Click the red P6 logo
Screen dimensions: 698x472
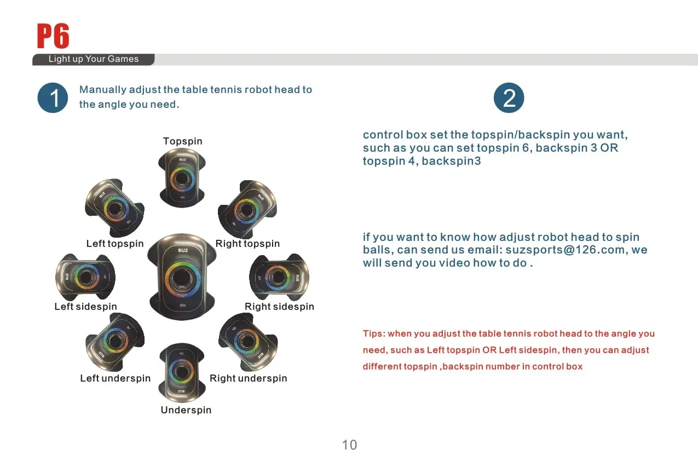pos(53,36)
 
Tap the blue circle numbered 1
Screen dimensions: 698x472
pos(53,97)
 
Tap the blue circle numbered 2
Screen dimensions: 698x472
pos(509,97)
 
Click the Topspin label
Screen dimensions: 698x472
pos(183,141)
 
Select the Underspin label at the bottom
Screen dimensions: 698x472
pos(186,410)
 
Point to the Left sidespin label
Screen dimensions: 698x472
pos(86,307)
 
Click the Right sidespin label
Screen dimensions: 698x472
pos(279,307)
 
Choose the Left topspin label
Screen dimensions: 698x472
pos(115,244)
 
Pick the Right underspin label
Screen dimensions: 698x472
pos(249,378)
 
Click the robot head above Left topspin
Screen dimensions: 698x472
pos(114,208)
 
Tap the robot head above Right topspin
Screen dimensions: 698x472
pos(247,209)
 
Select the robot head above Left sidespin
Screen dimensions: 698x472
pos(85,277)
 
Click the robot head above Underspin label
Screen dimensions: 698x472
pos(182,372)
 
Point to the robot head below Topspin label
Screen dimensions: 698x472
pos(182,178)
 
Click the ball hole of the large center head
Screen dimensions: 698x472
pos(182,278)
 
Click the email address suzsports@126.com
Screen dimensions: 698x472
pos(565,250)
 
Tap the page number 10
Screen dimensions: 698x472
pos(349,445)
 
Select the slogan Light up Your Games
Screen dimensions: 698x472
pos(94,59)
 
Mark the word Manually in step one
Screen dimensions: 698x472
pos(102,90)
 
